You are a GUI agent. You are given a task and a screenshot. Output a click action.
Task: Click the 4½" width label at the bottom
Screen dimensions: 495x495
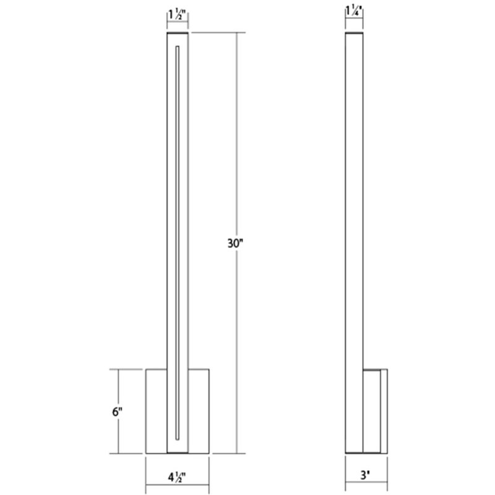pos(177,476)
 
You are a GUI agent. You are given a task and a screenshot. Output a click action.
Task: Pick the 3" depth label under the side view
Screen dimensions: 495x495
pos(367,476)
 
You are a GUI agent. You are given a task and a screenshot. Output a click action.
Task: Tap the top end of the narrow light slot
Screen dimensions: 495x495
pos(178,46)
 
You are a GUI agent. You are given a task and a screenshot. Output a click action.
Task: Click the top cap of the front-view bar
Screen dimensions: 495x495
pos(178,35)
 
